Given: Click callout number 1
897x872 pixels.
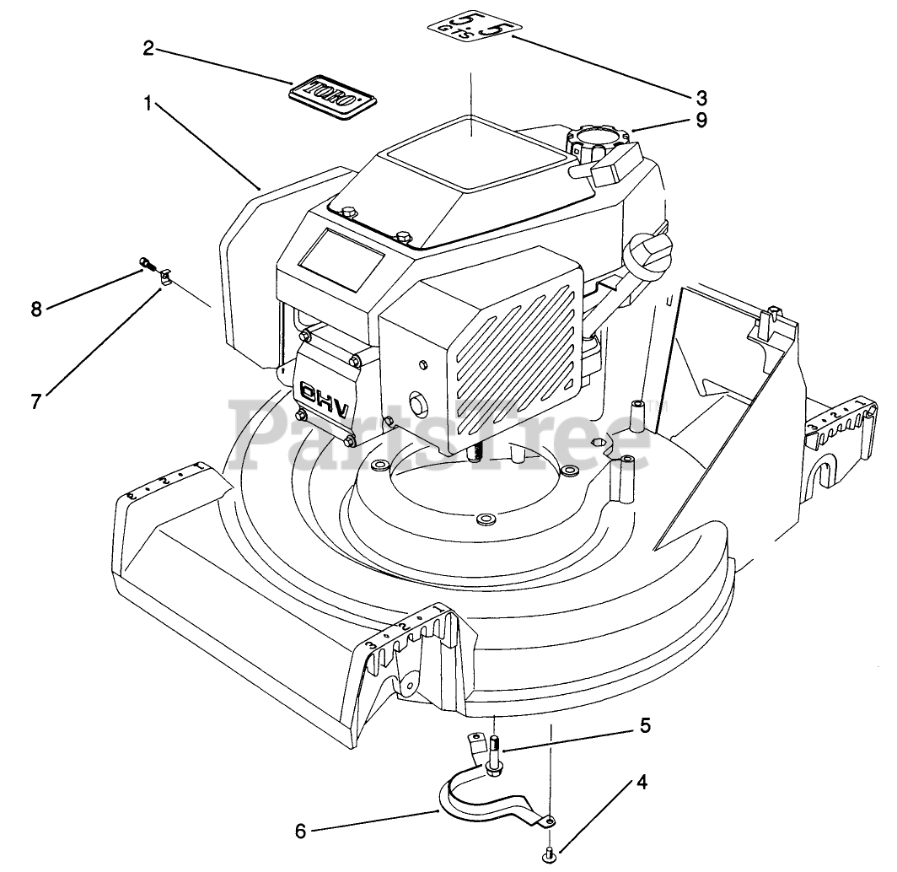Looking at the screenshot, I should (x=148, y=105).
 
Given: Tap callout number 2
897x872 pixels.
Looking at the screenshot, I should (x=148, y=48).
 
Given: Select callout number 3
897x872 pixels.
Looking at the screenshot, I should (x=701, y=97).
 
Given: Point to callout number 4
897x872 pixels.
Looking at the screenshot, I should (x=642, y=782).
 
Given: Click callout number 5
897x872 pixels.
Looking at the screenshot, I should (x=645, y=724).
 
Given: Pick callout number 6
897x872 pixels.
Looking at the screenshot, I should (x=300, y=831).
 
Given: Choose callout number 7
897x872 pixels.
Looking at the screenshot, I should (x=35, y=401).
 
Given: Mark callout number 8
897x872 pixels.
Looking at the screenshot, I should (x=35, y=309).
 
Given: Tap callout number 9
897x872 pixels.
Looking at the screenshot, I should (x=701, y=120).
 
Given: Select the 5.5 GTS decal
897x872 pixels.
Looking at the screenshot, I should (x=470, y=31).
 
